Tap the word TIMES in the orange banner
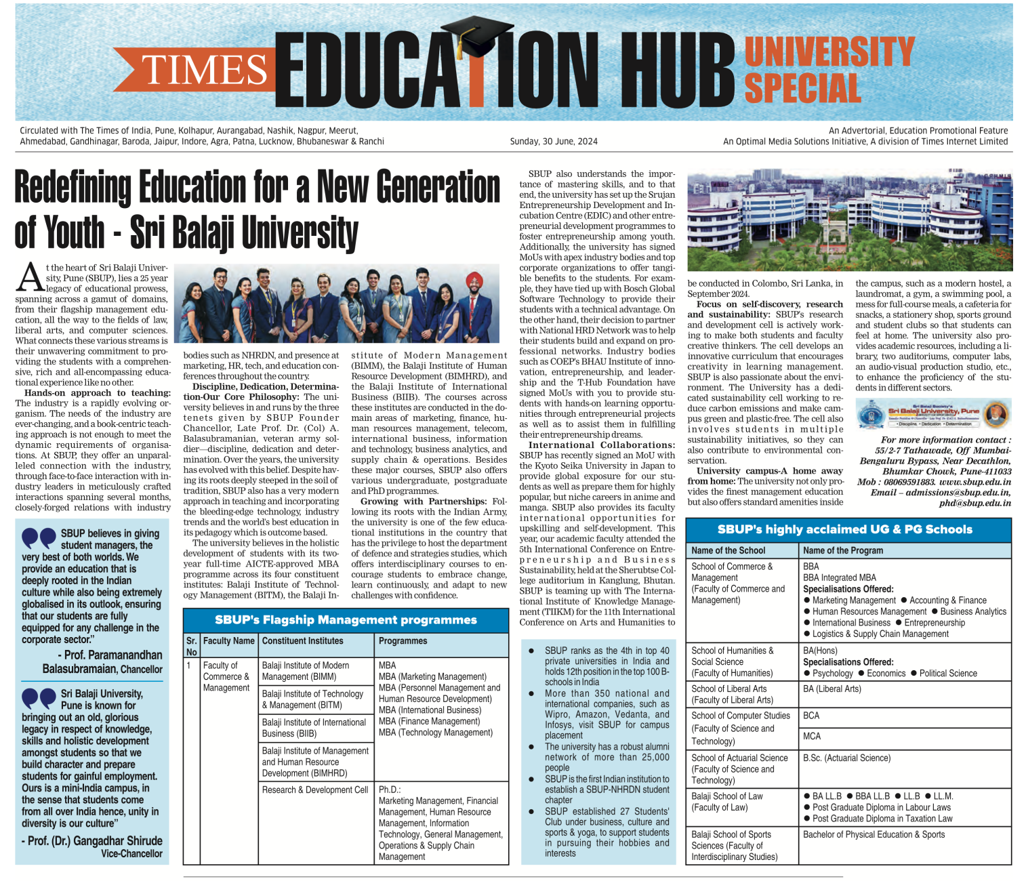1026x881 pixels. click(204, 70)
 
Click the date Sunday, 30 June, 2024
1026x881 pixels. click(553, 142)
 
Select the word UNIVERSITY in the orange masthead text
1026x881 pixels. click(829, 52)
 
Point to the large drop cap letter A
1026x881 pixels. click(30, 276)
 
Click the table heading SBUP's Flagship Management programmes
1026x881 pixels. click(346, 620)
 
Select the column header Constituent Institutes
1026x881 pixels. click(302, 641)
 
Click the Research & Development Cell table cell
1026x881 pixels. click(315, 790)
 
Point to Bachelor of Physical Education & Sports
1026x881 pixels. click(874, 835)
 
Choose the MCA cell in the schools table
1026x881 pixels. click(812, 737)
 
